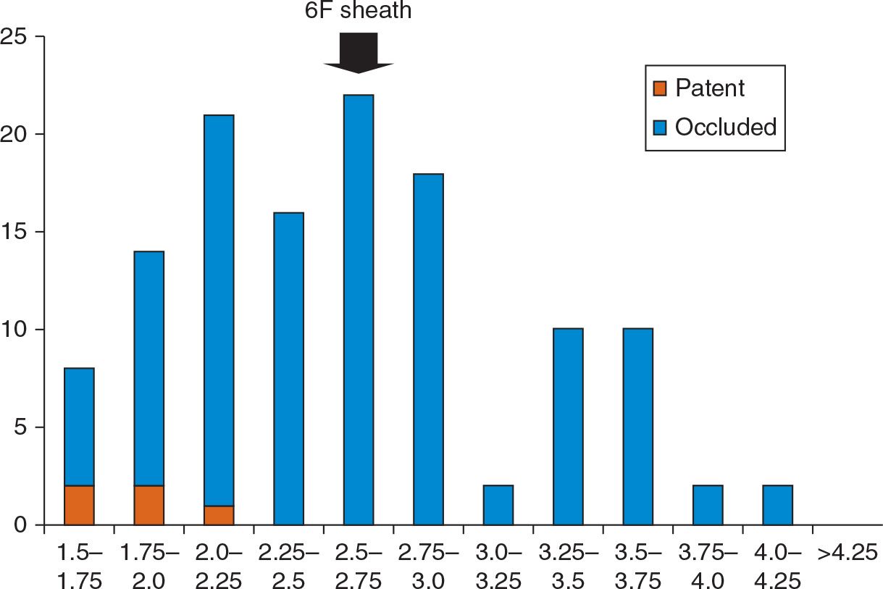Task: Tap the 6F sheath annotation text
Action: coord(358,11)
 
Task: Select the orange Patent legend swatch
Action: coord(659,88)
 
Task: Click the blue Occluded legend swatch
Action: coord(659,128)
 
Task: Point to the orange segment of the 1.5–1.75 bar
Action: coord(79,505)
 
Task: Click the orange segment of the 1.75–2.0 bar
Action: coord(148,505)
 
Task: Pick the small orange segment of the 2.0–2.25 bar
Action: coord(219,515)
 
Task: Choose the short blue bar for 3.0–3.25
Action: coord(498,505)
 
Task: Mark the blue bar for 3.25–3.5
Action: coord(568,427)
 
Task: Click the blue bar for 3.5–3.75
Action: coord(637,427)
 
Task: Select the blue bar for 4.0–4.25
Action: coord(777,505)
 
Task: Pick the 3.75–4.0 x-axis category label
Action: coord(707,567)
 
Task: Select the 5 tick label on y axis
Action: coord(25,427)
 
